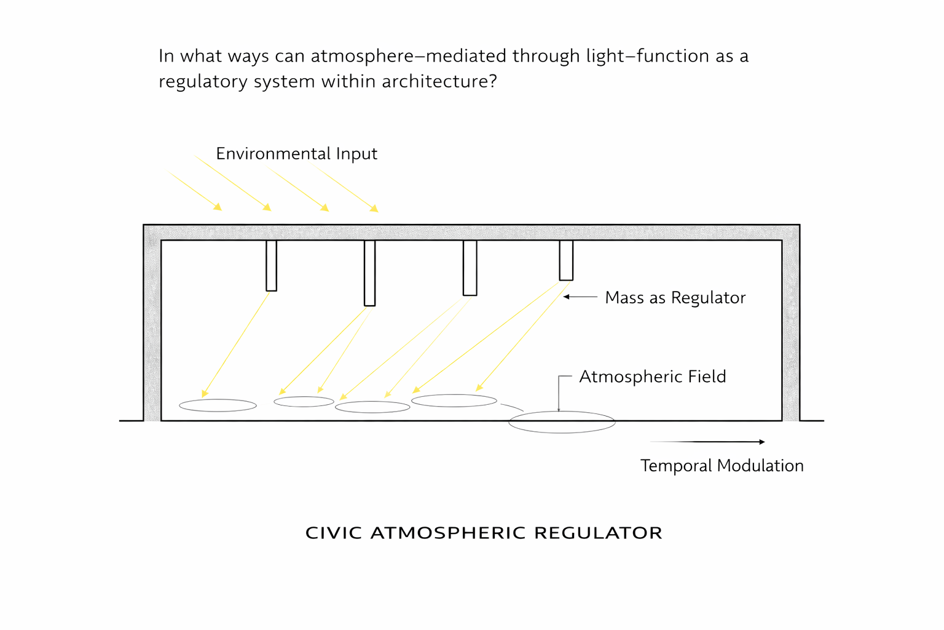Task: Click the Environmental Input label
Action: click(296, 154)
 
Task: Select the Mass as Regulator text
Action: click(675, 298)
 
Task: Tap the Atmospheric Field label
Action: click(652, 377)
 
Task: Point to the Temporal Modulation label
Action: click(722, 466)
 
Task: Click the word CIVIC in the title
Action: click(330, 533)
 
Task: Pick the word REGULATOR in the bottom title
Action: click(598, 533)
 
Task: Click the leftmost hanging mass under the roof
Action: click(271, 265)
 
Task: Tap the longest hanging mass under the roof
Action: click(369, 273)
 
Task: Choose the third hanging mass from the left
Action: click(470, 268)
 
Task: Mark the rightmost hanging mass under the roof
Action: click(566, 260)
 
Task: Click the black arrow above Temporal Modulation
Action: click(707, 442)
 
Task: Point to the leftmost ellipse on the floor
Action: click(218, 405)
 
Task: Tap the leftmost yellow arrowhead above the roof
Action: click(218, 207)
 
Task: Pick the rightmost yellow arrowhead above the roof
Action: click(374, 209)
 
